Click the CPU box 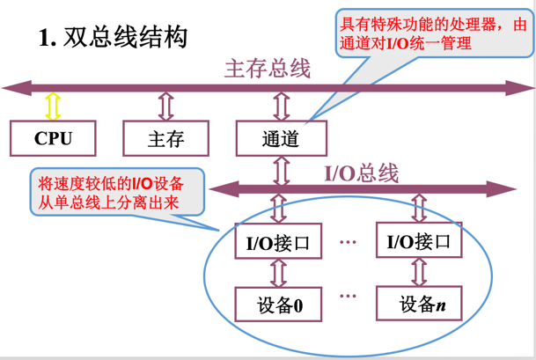[x=53, y=137]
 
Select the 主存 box [x=165, y=137]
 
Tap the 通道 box [x=281, y=137]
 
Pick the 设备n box [x=418, y=305]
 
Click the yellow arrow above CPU [x=53, y=106]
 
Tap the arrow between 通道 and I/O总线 [x=281, y=169]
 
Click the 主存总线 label [x=268, y=69]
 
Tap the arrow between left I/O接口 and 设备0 [x=278, y=273]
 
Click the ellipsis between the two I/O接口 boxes [x=347, y=239]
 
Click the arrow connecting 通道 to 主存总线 [x=281, y=106]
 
